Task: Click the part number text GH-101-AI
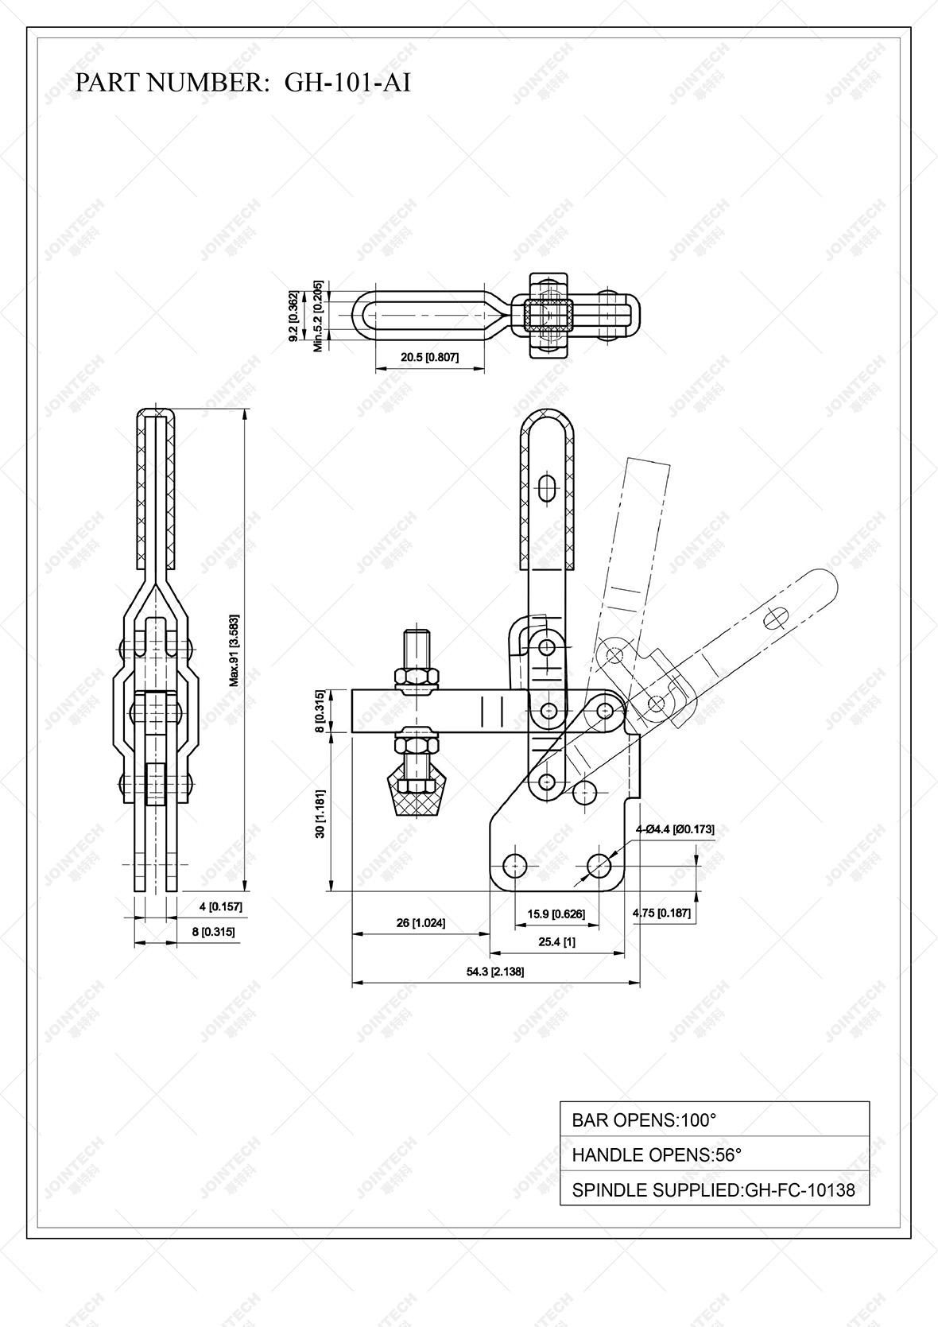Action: click(x=347, y=83)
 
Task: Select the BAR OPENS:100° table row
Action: click(x=714, y=1119)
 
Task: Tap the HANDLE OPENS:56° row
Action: click(x=714, y=1154)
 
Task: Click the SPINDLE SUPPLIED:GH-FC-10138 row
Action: click(x=714, y=1190)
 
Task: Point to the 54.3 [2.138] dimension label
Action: click(x=495, y=972)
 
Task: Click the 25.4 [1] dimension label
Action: click(x=556, y=942)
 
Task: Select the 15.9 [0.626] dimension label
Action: click(x=556, y=914)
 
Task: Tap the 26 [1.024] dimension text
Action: click(x=421, y=923)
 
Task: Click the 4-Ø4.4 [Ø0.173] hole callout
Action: click(x=674, y=829)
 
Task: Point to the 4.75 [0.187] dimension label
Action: click(x=661, y=914)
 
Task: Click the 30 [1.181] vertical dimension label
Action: click(x=320, y=813)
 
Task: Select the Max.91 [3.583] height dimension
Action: click(x=234, y=650)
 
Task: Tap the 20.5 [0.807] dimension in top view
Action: click(x=429, y=358)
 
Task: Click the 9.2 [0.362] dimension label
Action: click(x=293, y=316)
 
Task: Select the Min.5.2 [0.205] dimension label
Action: click(x=318, y=316)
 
